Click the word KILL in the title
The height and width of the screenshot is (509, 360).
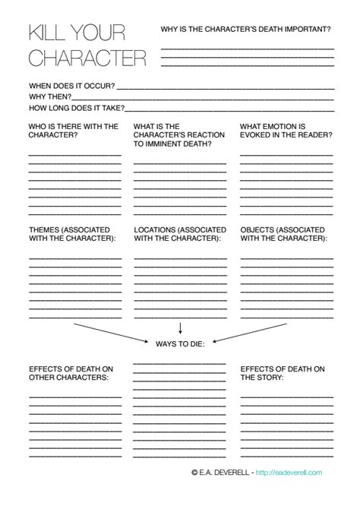[x=51, y=32]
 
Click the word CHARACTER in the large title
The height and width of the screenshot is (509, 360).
[x=87, y=57]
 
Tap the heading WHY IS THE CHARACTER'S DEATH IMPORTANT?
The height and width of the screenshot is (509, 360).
[x=245, y=29]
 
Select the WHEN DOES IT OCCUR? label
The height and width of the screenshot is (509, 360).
[x=72, y=86]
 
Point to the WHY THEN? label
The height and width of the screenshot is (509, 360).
[x=51, y=97]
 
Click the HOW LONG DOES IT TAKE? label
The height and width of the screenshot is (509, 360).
[x=77, y=109]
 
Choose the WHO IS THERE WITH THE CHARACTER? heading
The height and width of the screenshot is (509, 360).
[x=74, y=131]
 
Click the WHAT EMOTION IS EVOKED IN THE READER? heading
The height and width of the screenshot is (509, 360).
[x=286, y=131]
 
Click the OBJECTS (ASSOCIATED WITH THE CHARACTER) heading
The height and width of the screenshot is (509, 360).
[x=285, y=234]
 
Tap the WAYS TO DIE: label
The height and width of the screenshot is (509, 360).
[x=180, y=343]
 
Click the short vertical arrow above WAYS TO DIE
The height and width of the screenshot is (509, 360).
[x=180, y=328]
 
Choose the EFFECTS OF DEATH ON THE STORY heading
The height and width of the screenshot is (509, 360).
[x=283, y=372]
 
